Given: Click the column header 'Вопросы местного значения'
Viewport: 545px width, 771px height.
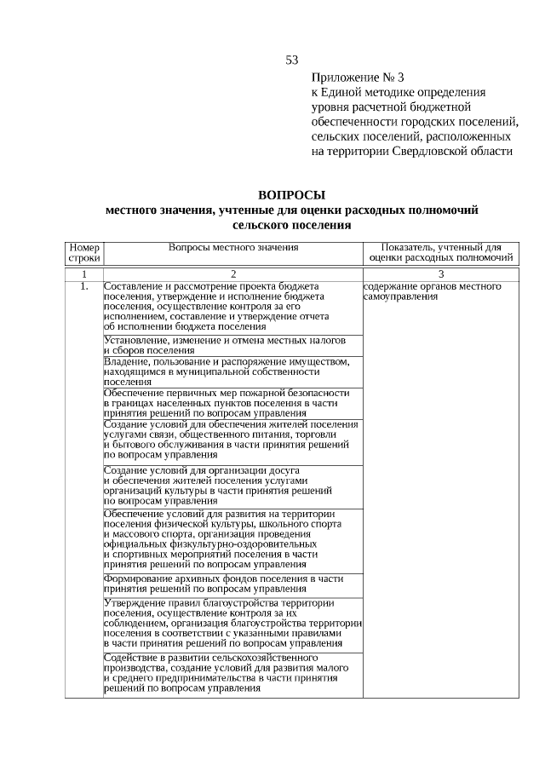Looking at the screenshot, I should click(x=232, y=247).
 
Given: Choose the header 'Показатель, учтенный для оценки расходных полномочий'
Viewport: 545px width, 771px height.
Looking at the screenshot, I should click(x=441, y=252).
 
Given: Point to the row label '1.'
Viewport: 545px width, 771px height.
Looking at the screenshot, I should click(x=83, y=287).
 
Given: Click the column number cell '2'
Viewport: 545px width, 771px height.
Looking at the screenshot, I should click(x=232, y=274).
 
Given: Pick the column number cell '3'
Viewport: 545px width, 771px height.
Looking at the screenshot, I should click(x=441, y=274).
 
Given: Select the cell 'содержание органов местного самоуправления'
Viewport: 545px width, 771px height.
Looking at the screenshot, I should click(x=433, y=291).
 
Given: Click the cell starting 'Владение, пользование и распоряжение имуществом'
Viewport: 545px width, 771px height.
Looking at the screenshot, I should click(x=227, y=371).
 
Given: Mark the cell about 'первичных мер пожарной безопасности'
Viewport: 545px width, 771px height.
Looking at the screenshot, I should click(x=227, y=403).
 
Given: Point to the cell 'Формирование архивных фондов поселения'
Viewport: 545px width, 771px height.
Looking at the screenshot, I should click(x=223, y=584).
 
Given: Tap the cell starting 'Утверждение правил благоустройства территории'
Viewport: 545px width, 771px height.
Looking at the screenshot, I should click(x=232, y=623).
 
